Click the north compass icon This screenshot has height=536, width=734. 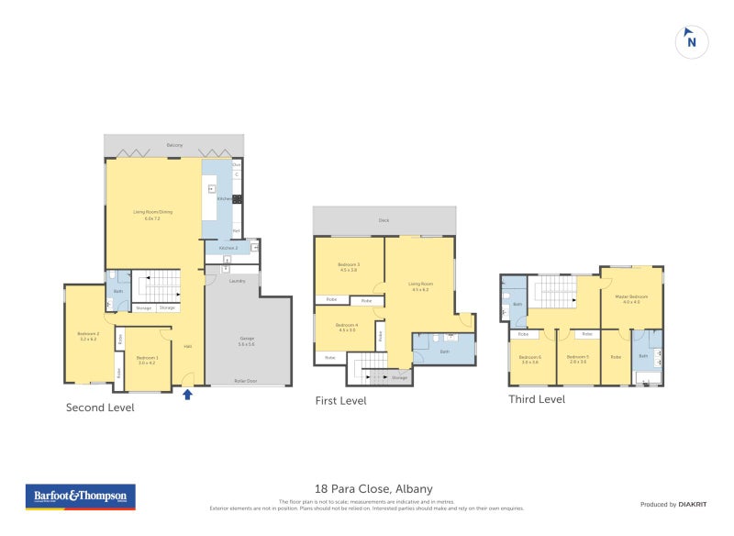[692, 41]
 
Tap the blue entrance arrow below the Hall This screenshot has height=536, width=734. [187, 396]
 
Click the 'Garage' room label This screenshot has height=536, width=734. [248, 339]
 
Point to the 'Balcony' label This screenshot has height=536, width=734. [174, 145]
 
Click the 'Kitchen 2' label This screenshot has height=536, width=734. [228, 248]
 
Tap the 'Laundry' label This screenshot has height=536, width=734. [236, 281]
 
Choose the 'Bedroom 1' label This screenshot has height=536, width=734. [148, 358]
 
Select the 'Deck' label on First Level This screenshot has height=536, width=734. [384, 220]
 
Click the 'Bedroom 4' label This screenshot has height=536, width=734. [346, 325]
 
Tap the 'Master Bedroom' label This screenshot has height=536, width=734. [631, 296]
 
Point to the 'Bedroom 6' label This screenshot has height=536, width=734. [530, 357]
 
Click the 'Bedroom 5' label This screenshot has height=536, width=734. [577, 357]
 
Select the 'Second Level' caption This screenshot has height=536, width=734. [100, 408]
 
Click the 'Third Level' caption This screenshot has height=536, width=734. [537, 399]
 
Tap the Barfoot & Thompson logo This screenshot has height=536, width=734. [79, 497]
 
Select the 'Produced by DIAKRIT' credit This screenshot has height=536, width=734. [672, 504]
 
